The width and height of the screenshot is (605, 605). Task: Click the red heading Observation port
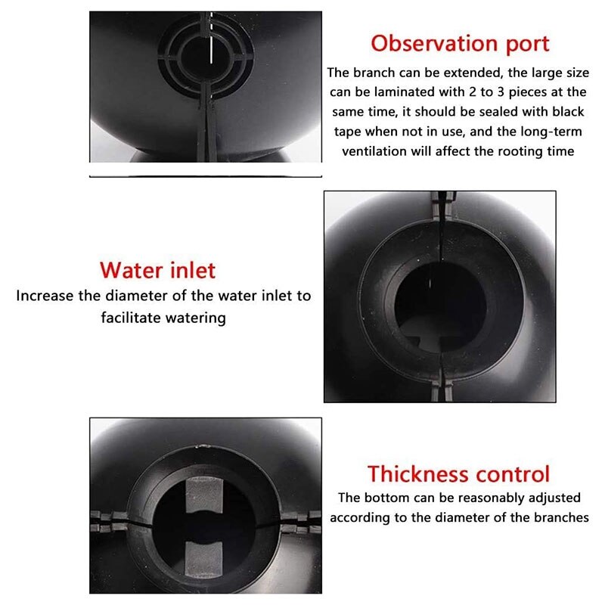point(460,43)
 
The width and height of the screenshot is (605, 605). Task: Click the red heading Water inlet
point(158,270)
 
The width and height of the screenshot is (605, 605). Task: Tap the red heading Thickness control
point(459,474)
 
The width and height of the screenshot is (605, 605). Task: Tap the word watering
point(200,318)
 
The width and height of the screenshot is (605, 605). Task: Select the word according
point(362,518)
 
